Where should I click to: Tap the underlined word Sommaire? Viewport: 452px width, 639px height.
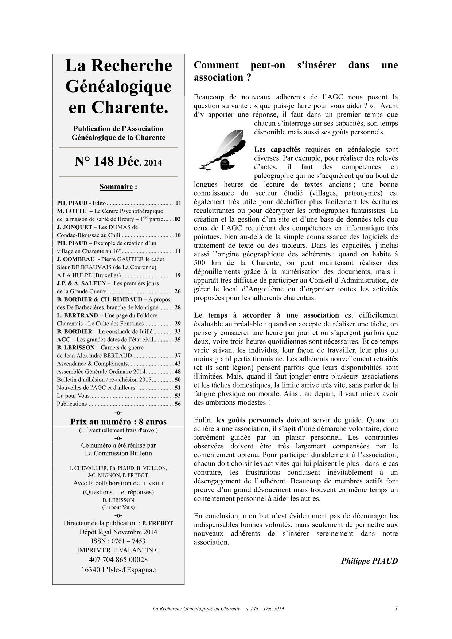click(116, 187)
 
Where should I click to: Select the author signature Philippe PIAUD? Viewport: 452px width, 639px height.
click(369, 561)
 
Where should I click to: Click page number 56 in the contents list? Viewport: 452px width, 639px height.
click(178, 404)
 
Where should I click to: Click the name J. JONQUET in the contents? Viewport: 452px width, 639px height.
click(72, 227)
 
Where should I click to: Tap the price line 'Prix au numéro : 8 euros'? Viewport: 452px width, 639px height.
click(118, 422)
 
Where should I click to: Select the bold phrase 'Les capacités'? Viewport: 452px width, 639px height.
click(277, 149)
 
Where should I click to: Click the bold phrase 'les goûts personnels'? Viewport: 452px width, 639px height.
click(249, 420)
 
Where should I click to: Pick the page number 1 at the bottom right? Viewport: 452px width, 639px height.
click(396, 608)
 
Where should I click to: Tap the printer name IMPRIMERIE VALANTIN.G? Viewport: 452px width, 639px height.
click(118, 550)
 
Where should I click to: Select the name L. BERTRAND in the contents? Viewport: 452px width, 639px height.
click(77, 315)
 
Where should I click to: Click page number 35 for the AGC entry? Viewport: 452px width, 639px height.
click(178, 340)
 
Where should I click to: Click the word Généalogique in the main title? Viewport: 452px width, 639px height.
click(118, 87)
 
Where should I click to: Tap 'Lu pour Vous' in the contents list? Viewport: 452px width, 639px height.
click(73, 396)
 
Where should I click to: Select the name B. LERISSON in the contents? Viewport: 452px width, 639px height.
click(75, 348)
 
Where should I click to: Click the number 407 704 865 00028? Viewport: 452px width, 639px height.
click(118, 560)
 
